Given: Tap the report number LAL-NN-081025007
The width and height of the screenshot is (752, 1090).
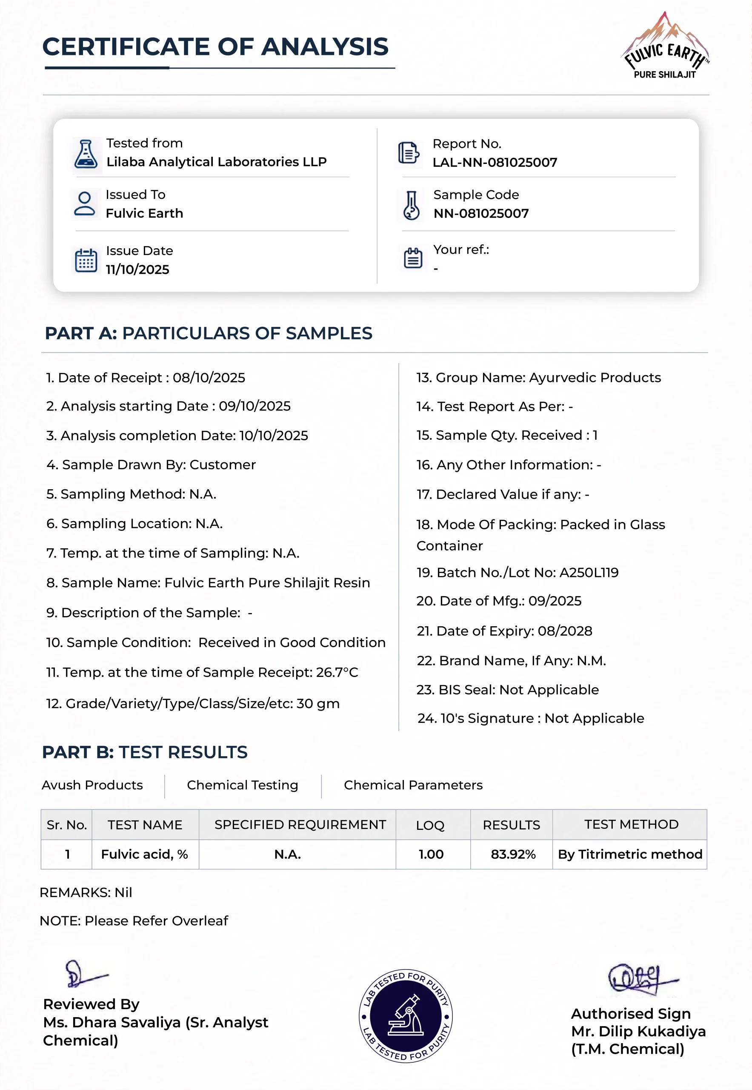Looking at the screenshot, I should point(495,163).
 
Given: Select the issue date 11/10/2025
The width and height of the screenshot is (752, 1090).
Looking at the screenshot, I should point(137,270).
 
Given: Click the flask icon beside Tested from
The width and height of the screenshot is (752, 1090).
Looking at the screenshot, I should point(86,155).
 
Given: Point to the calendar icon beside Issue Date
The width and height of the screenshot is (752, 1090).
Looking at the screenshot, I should point(86,260).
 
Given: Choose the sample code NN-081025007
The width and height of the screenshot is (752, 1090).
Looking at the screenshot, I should point(480,214).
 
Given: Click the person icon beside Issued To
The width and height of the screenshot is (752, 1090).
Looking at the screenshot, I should point(85,204).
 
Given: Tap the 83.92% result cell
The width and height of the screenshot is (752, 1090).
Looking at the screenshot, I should point(513,854).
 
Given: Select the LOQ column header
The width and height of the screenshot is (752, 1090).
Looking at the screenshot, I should point(430,825).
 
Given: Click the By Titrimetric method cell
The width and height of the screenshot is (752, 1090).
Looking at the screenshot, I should point(629,854).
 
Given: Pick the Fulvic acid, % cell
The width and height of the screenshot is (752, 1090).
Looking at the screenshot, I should point(145,854).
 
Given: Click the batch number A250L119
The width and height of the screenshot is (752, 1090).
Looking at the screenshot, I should point(589,572).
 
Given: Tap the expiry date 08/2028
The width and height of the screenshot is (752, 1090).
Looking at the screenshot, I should point(564,631).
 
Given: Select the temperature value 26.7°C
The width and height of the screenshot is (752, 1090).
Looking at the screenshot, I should point(337,672).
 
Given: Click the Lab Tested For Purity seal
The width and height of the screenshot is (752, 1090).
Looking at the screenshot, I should point(405,1016).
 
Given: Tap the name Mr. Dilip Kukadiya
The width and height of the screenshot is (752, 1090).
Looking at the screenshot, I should point(638,1032).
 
